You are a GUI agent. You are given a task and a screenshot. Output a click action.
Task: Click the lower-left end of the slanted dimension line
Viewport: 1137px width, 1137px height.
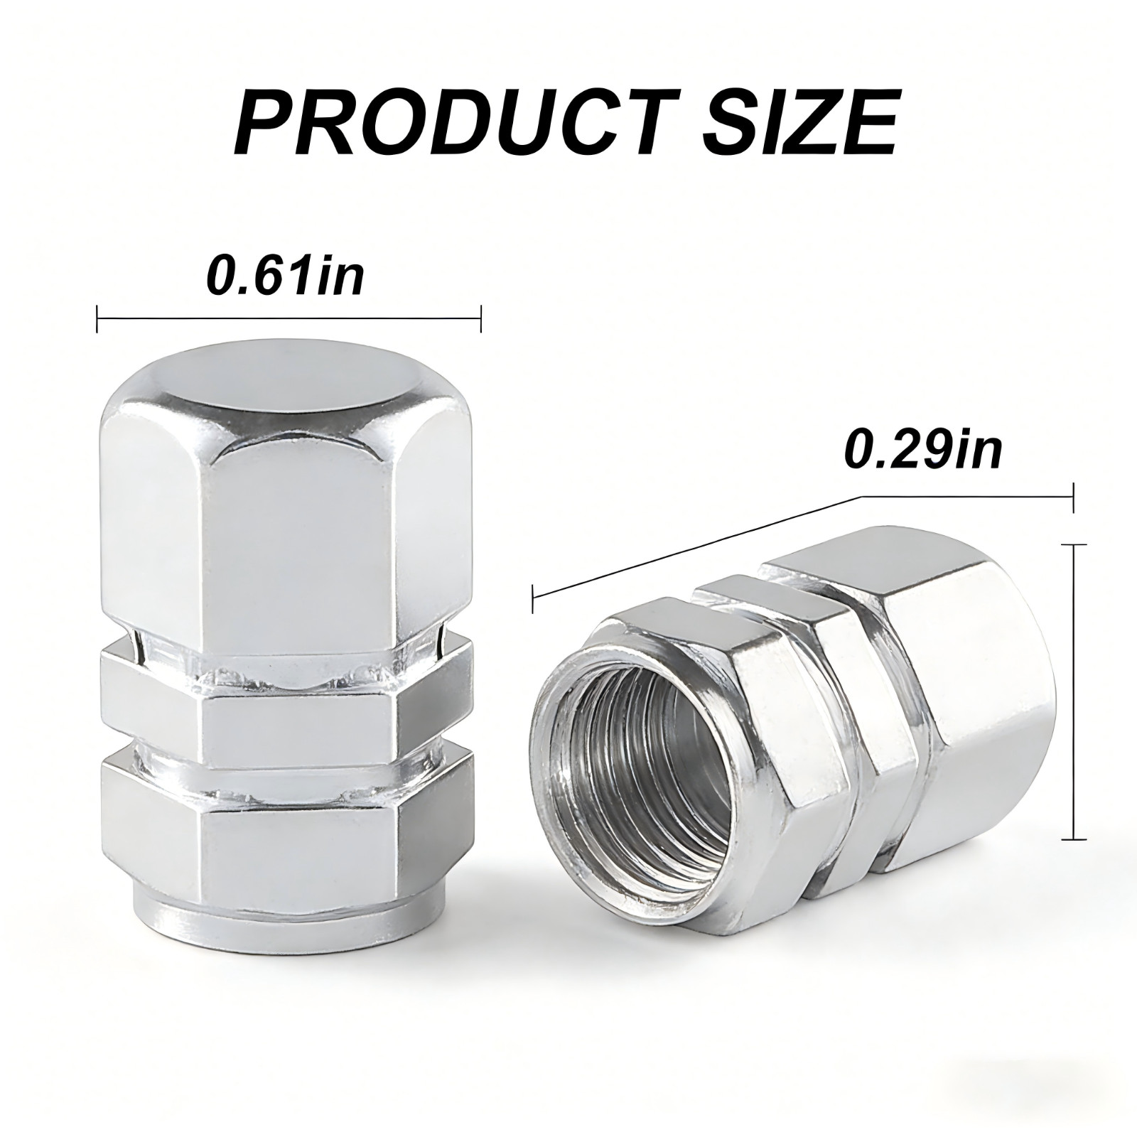pos(534,598)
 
